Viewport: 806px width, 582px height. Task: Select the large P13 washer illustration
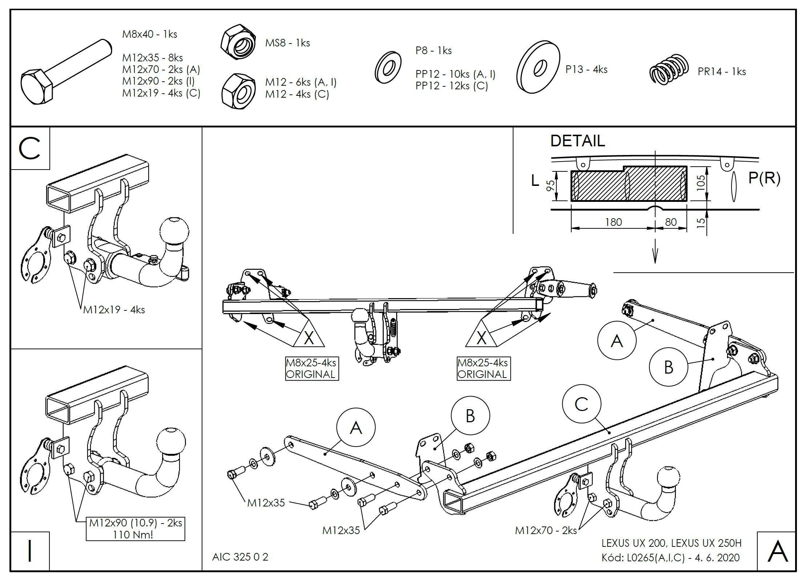(x=538, y=67)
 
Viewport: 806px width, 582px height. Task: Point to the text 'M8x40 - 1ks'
(x=150, y=34)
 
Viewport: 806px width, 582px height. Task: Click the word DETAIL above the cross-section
(x=577, y=141)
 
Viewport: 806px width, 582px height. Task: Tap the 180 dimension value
(x=613, y=222)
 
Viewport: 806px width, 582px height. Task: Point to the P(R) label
(x=764, y=178)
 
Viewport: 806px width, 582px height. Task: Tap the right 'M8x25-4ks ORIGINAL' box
(x=483, y=369)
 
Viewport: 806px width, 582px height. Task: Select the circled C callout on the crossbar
(x=581, y=404)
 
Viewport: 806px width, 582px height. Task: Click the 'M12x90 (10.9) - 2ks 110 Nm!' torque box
(x=136, y=529)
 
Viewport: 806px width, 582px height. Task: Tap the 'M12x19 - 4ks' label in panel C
(x=114, y=310)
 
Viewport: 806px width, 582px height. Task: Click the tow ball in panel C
(x=174, y=231)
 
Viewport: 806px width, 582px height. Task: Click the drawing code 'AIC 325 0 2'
(x=240, y=557)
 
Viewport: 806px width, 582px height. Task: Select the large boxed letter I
(x=30, y=551)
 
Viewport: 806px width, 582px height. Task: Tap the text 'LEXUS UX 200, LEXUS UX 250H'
(x=672, y=543)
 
